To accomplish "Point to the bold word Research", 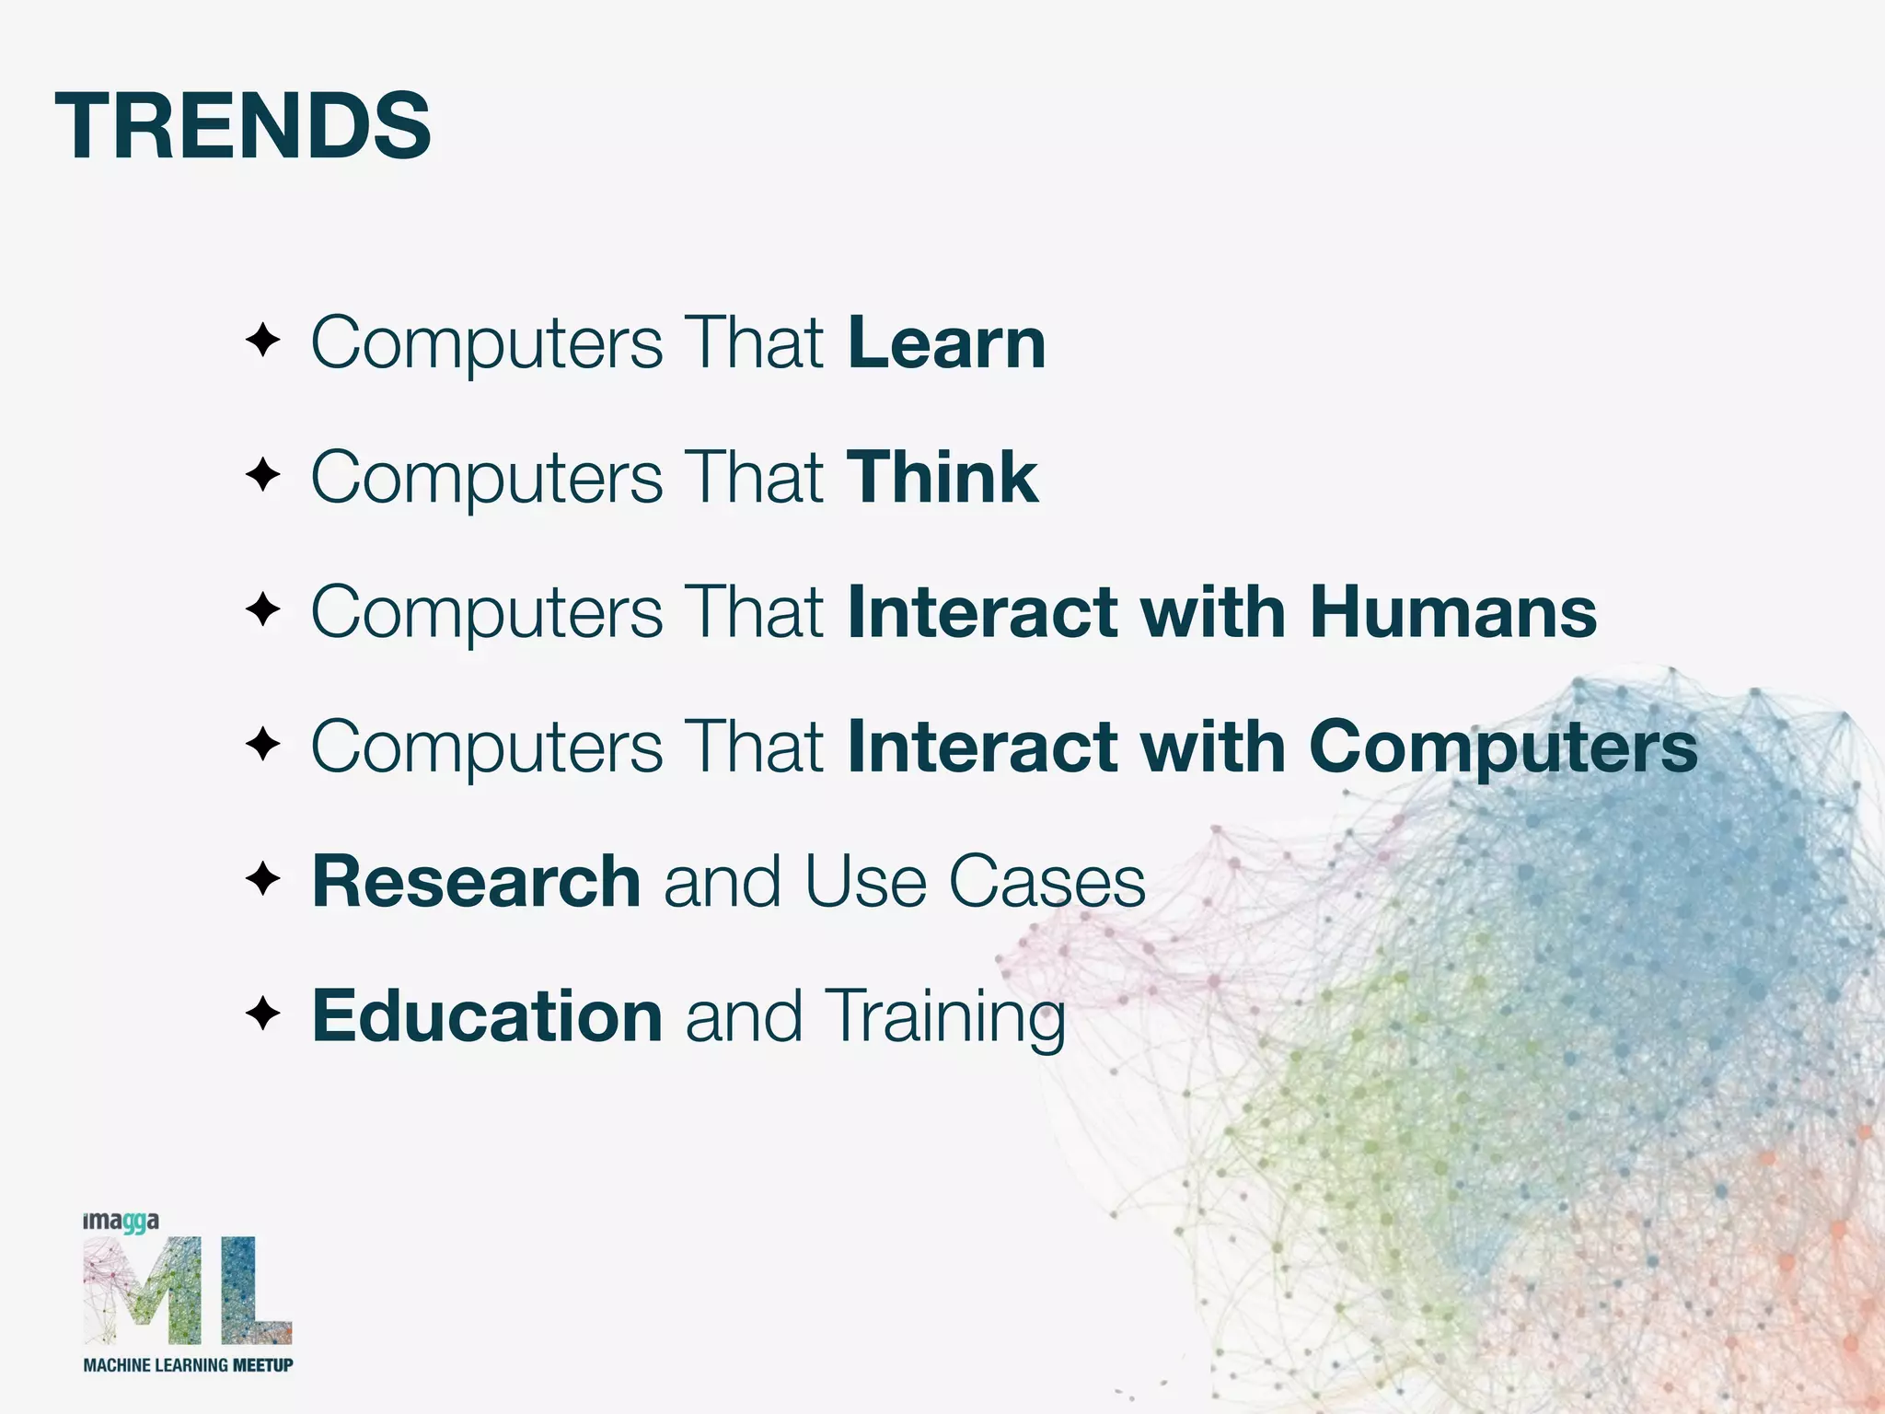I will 476,882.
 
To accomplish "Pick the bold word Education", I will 487,1016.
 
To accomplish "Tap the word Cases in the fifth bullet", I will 1047,882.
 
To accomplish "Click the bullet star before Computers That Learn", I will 262,342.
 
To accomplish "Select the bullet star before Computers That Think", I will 262,476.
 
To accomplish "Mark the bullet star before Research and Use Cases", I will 262,879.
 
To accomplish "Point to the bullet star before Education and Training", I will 262,1014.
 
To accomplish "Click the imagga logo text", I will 121,1222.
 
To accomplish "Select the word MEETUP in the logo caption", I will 262,1365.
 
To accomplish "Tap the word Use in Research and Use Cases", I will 864,882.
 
